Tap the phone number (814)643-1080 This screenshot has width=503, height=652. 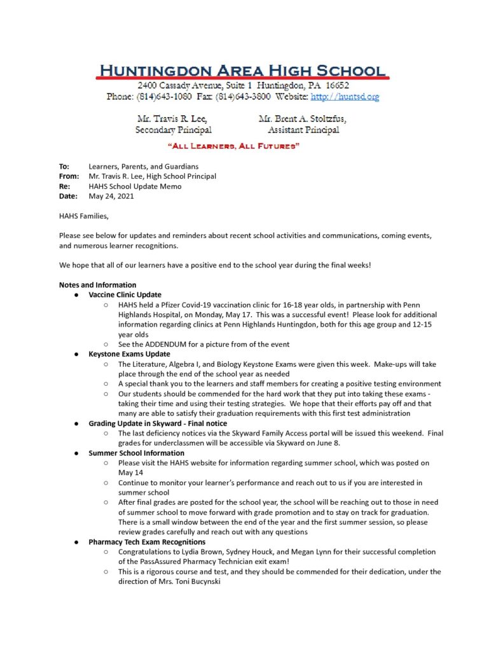162,97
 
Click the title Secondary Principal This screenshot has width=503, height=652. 173,130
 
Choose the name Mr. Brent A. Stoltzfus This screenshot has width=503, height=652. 302,119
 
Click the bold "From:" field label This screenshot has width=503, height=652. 69,176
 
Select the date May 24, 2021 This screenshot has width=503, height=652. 111,197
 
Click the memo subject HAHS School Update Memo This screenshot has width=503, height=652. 135,187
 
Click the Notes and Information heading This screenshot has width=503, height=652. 97,285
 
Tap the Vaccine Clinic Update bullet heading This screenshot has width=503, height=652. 125,295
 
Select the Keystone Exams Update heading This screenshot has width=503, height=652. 129,354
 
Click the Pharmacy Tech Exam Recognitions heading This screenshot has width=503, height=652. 146,542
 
